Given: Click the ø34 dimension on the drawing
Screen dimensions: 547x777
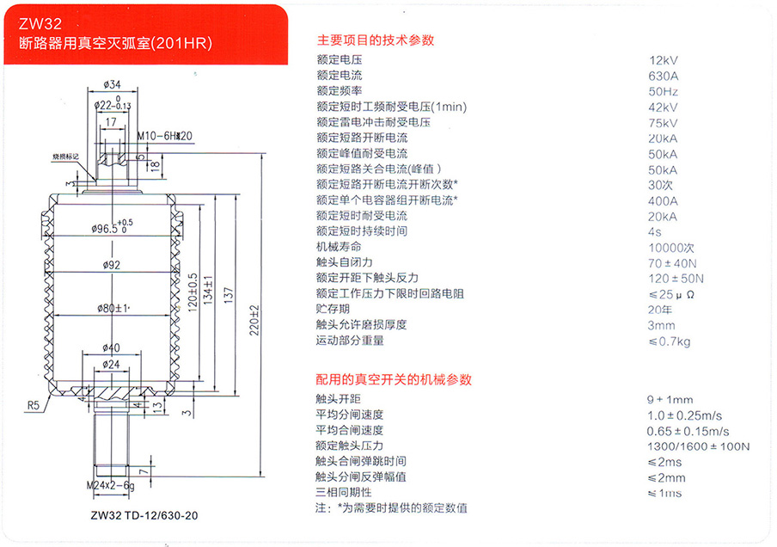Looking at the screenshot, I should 111,84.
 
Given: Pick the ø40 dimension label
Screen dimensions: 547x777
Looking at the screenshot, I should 111,347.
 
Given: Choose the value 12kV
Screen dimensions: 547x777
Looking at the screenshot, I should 664,60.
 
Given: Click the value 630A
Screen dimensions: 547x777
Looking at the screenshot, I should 663,76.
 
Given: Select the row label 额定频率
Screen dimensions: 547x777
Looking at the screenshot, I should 339,91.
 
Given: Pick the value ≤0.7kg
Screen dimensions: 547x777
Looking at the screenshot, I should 669,341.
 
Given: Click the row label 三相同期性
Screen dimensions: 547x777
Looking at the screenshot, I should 344,493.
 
